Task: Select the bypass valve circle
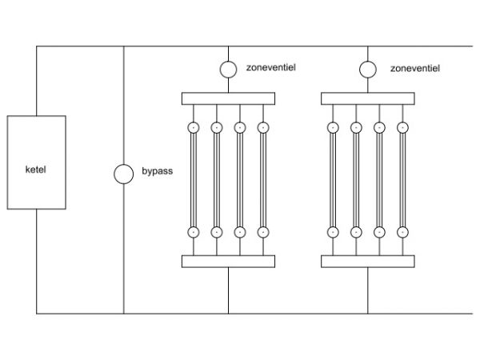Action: tap(123, 174)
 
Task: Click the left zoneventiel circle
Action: tap(229, 70)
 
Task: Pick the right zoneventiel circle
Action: tap(368, 70)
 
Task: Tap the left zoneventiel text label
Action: tap(274, 69)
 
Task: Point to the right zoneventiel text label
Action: tap(413, 69)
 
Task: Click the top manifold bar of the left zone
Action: tap(229, 98)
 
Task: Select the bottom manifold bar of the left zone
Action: tap(229, 261)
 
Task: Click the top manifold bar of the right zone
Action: tap(368, 98)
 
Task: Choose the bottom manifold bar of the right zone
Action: tap(368, 261)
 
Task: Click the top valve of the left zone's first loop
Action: tap(193, 127)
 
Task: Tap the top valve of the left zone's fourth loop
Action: tap(263, 127)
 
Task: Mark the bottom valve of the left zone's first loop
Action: tap(193, 232)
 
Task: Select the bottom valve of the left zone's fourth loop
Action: tap(263, 232)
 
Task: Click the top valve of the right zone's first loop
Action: tap(333, 127)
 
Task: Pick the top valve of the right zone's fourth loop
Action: tap(403, 127)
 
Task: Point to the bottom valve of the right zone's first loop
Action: tap(333, 232)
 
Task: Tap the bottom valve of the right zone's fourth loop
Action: tap(403, 232)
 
